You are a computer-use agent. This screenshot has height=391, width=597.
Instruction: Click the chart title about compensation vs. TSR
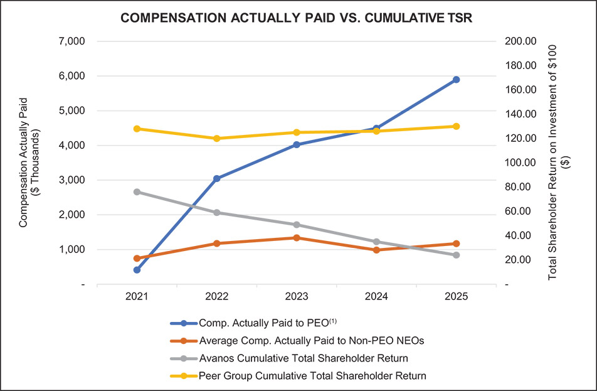[x=297, y=19]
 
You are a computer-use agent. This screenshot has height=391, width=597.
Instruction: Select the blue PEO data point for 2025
[x=457, y=80]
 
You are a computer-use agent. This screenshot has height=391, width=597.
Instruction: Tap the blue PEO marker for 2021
[x=137, y=270]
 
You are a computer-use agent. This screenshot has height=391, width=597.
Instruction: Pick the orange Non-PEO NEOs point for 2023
[x=297, y=238]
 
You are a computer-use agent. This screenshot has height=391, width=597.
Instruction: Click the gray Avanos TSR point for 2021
[x=137, y=192]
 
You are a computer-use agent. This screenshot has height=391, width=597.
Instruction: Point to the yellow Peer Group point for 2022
[x=216, y=138]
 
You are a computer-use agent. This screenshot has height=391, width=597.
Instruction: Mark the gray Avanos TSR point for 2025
[x=457, y=255]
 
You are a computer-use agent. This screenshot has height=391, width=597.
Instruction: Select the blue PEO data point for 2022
[x=216, y=178]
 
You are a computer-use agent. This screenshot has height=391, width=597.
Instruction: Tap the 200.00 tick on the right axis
[x=521, y=41]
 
